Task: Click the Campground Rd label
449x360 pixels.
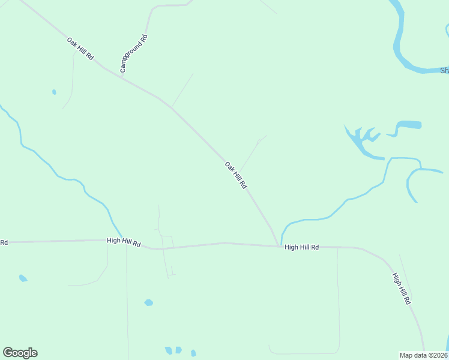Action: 133,54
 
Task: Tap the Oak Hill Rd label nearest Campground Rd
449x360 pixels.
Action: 80,48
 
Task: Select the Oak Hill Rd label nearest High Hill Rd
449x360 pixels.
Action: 235,175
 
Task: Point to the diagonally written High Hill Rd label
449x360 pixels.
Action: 401,289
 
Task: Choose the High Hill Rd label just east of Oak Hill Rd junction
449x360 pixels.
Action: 301,247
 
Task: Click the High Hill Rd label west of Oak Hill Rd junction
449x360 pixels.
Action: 124,242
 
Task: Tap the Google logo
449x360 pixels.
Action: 20,353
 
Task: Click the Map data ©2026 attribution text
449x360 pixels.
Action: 424,355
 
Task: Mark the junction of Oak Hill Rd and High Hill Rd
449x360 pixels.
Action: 279,245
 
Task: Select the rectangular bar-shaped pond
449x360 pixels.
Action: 409,125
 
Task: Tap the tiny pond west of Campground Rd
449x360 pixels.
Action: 54,92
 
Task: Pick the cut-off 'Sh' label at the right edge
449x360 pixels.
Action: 444,71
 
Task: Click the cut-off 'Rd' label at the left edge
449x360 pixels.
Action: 4,242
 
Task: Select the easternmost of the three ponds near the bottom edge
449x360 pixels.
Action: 193,353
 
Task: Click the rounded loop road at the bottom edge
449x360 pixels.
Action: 303,352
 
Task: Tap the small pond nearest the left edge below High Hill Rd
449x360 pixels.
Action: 23,278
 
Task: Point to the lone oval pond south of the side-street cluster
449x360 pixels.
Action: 148,302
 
